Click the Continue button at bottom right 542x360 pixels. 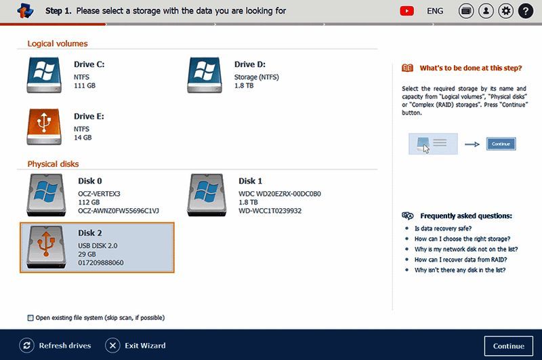click(x=508, y=346)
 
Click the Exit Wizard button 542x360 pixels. click(x=135, y=346)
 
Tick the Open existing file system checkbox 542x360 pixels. click(x=30, y=317)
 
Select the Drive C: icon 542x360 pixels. click(x=45, y=75)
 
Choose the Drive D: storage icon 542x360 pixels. click(x=205, y=75)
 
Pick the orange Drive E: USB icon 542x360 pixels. click(x=45, y=127)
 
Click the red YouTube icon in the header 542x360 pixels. click(x=407, y=11)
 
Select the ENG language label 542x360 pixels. click(x=435, y=11)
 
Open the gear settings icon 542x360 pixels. click(x=505, y=11)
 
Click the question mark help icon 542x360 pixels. click(x=525, y=11)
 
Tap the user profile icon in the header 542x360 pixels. click(x=486, y=11)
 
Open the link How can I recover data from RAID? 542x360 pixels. click(x=461, y=260)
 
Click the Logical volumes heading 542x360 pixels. click(x=58, y=43)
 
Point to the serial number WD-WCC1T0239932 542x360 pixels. click(x=270, y=211)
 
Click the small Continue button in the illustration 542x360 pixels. click(x=501, y=144)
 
